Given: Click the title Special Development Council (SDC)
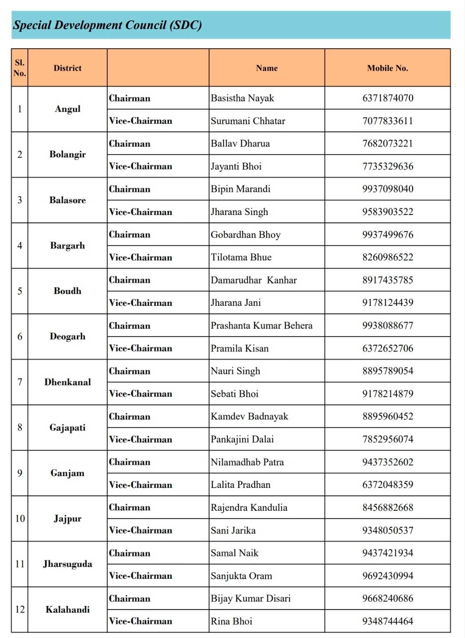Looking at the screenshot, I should (108, 25).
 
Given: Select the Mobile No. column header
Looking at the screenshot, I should (387, 68).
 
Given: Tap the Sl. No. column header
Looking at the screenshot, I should (20, 68).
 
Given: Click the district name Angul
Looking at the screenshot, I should (68, 109).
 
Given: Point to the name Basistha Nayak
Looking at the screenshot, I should (242, 98).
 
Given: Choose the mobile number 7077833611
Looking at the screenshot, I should (388, 121).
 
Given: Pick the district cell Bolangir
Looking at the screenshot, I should (68, 154).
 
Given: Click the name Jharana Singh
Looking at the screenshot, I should (239, 212).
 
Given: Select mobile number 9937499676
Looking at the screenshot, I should (388, 235).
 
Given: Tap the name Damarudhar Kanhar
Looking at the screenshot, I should (254, 280).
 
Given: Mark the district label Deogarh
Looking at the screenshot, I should (68, 337).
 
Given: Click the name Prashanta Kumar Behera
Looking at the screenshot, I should (262, 326).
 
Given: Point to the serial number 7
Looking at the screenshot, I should (20, 382).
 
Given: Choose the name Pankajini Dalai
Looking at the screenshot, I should (242, 439).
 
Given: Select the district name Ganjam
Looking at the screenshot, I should (68, 473).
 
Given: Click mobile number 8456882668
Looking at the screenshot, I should (388, 508).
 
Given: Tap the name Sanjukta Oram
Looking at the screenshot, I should (242, 576).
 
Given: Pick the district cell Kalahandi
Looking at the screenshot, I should (68, 609).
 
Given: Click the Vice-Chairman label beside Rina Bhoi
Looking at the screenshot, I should (141, 621).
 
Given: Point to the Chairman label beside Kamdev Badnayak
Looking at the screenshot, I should (130, 417).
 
